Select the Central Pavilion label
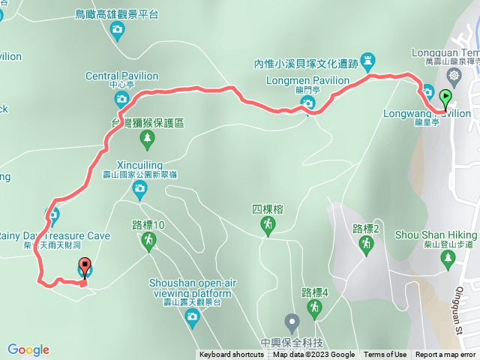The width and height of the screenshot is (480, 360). tap(121, 76)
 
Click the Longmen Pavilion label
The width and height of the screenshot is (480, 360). tap(307, 80)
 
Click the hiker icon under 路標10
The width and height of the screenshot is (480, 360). tap(148, 239)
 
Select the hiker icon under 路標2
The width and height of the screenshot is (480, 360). tap(366, 244)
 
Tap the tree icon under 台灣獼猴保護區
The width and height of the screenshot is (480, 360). tap(148, 137)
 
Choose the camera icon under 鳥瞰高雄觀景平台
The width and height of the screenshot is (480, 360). tap(117, 29)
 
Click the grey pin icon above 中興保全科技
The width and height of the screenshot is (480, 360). tap(292, 322)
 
